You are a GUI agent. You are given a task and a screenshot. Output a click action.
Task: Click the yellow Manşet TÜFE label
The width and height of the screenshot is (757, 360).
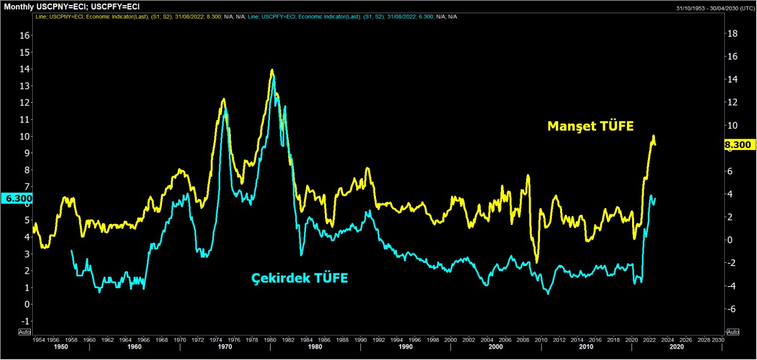[x=590, y=126]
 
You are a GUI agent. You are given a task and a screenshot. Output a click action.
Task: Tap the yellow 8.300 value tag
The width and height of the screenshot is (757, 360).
[x=737, y=144]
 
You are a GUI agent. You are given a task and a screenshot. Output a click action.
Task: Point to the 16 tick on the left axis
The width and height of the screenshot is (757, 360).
[x=25, y=35]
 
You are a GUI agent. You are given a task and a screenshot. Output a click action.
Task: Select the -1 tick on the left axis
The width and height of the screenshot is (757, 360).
[x=25, y=321]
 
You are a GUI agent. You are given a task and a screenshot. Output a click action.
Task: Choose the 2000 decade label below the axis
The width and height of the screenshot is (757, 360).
[x=496, y=347]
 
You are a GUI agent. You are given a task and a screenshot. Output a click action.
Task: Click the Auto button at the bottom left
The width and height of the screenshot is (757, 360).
[x=25, y=331]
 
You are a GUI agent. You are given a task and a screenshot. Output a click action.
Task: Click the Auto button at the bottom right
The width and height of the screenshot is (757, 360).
[x=732, y=331]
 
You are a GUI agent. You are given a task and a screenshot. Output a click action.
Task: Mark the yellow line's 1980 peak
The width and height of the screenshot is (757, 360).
[x=272, y=70]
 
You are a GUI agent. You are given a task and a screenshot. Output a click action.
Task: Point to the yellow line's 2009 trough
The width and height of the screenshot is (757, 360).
[x=537, y=262]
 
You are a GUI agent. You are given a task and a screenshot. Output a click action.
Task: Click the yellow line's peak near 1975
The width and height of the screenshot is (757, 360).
[x=224, y=99]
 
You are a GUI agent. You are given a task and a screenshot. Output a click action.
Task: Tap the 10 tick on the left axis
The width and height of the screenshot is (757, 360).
[x=25, y=136]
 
